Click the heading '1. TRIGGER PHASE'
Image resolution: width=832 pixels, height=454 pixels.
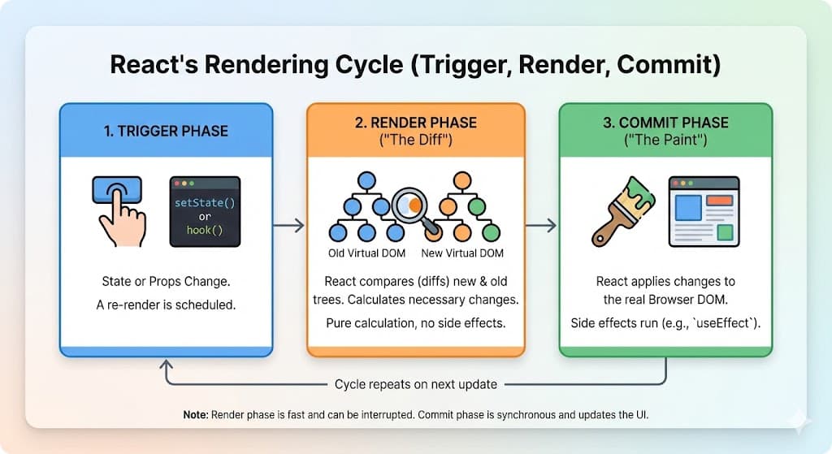pyautogui.click(x=166, y=131)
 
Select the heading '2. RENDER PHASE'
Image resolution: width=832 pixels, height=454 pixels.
pyautogui.click(x=415, y=123)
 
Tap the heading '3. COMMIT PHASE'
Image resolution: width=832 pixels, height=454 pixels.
pyautogui.click(x=665, y=123)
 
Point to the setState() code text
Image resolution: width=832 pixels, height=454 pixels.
pyautogui.click(x=204, y=201)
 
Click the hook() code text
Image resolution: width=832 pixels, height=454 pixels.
pyautogui.click(x=204, y=231)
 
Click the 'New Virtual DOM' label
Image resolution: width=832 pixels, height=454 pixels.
pyautogui.click(x=462, y=253)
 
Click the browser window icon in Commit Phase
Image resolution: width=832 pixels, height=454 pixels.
pyautogui.click(x=704, y=210)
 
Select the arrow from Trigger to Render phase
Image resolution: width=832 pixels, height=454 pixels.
pyautogui.click(x=288, y=225)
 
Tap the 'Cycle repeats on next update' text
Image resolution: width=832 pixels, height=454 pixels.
pyautogui.click(x=415, y=384)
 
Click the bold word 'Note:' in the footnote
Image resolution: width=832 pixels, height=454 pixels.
pyautogui.click(x=196, y=415)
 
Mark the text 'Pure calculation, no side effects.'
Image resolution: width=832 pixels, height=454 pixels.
pyautogui.click(x=415, y=322)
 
